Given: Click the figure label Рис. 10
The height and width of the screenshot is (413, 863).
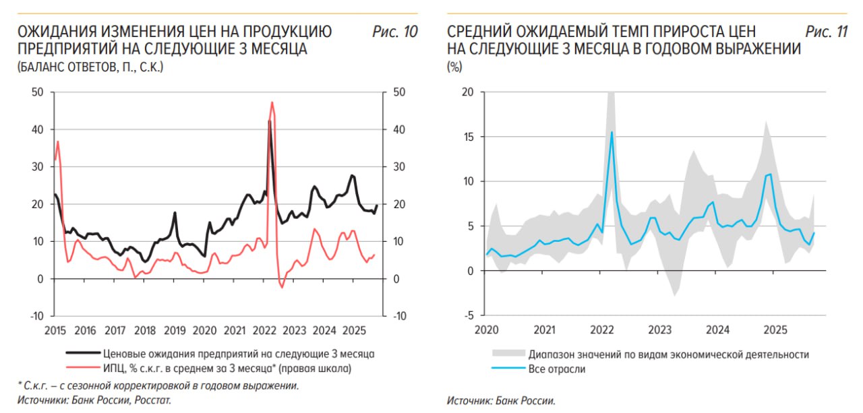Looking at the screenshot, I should [x=395, y=32].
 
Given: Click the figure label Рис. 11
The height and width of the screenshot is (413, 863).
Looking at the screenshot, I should [x=827, y=32].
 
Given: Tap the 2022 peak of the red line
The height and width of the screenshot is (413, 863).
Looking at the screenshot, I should [x=272, y=102].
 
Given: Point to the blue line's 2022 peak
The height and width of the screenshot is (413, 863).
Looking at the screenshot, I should [x=612, y=132].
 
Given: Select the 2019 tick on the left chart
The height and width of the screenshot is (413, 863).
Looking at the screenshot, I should [x=175, y=330].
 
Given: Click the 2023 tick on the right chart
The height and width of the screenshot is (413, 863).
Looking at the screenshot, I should [x=660, y=330].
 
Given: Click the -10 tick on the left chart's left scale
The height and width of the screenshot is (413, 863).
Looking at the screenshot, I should [x=37, y=315].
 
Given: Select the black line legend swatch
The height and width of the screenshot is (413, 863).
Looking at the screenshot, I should [x=82, y=354].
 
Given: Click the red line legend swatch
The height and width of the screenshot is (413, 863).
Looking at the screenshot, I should [x=82, y=369].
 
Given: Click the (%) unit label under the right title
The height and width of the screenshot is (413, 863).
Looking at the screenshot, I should [x=454, y=67].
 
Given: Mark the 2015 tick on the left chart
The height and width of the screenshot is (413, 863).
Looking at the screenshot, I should [x=55, y=330].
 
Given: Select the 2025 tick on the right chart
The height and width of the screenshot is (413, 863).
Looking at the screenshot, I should [x=775, y=330].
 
